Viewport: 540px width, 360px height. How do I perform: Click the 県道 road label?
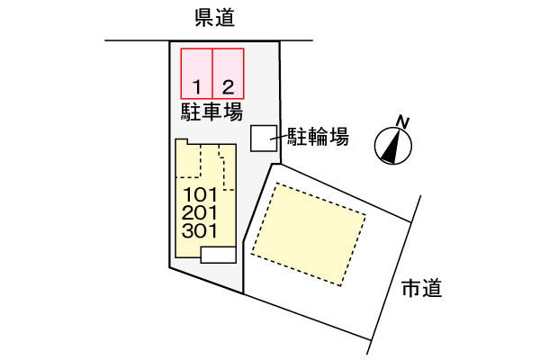click(x=215, y=18)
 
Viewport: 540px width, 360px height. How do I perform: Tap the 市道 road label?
click(x=421, y=288)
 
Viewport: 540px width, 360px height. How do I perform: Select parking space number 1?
click(x=196, y=74)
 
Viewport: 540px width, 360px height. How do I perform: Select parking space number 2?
click(x=229, y=74)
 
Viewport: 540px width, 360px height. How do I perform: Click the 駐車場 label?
click(x=211, y=112)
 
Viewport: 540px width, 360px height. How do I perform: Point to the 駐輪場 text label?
click(x=319, y=137)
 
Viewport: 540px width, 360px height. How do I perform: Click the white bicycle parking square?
click(x=264, y=138)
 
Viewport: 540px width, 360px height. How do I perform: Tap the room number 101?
click(x=200, y=195)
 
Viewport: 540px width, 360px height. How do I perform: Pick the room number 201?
click(x=200, y=213)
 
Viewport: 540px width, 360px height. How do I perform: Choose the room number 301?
click(x=200, y=230)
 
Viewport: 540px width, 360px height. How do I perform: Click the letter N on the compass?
click(x=402, y=122)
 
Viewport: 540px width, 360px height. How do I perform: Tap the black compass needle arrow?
click(x=391, y=148)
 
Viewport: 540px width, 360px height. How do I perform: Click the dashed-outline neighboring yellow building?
click(x=309, y=234)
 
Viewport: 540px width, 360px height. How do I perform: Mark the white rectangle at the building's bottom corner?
click(x=219, y=255)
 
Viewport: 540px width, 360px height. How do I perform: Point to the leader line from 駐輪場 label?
click(x=279, y=137)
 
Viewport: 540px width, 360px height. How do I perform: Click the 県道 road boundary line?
click(x=209, y=40)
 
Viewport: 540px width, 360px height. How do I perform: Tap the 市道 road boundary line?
click(x=394, y=274)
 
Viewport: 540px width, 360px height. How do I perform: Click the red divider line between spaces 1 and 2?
click(x=212, y=74)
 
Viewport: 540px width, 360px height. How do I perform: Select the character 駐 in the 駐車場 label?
click(x=191, y=112)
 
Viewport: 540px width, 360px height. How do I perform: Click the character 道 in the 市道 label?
click(x=432, y=288)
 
